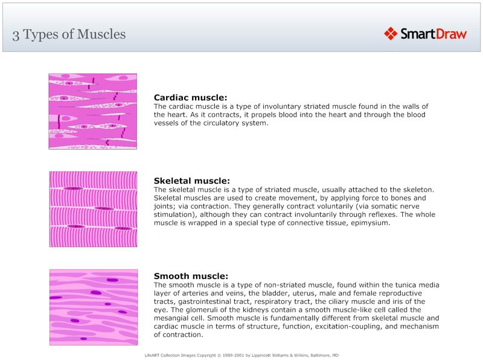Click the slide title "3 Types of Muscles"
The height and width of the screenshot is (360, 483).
pyautogui.click(x=69, y=34)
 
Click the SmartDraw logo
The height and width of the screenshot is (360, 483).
pyautogui.click(x=425, y=34)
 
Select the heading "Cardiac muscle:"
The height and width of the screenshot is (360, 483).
pyautogui.click(x=190, y=97)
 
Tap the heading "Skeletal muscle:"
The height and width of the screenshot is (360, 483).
pyautogui.click(x=191, y=181)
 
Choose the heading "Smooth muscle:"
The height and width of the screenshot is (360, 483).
pyautogui.click(x=191, y=276)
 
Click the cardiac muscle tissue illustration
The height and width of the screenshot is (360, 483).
pyautogui.click(x=92, y=111)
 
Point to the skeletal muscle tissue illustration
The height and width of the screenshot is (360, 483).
pyautogui.click(x=92, y=209)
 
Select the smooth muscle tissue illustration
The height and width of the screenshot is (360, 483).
pyautogui.click(x=92, y=307)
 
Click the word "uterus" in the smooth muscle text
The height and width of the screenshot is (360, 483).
pyautogui.click(x=291, y=293)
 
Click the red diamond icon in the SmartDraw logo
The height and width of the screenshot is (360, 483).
pyautogui.click(x=391, y=34)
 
